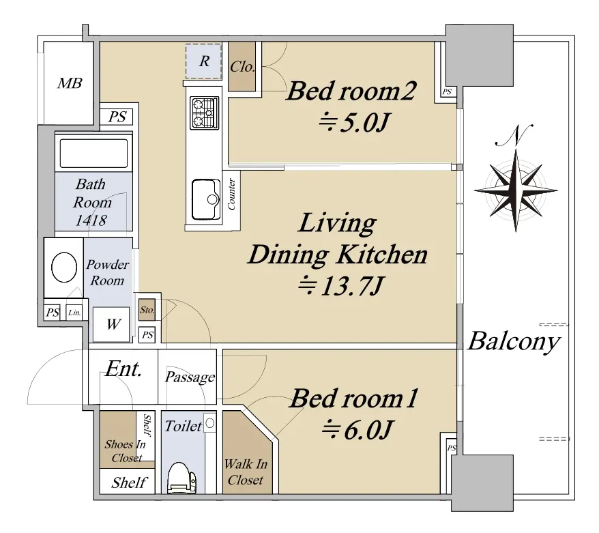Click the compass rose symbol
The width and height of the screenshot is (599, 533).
coord(516,190)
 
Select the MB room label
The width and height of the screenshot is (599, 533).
coord(70,83)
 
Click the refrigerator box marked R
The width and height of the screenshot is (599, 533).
coord(203,61)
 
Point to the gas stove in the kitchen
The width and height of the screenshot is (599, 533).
coord(205,113)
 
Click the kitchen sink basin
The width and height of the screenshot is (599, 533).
coord(206,199)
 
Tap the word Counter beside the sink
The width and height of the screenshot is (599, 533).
coord(231,194)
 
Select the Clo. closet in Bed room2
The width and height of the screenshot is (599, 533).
coord(242,66)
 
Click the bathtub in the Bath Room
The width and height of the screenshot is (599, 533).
coord(93,154)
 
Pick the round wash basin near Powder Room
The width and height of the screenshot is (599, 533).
coord(64,267)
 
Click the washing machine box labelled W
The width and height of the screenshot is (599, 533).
coord(112,324)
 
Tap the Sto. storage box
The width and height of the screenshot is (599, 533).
coord(147,309)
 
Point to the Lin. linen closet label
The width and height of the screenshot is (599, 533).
coord(74,313)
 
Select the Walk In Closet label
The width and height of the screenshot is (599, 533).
coord(246,472)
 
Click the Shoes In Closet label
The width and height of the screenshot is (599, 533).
coord(126,451)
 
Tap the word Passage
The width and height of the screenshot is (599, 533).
coord(190,377)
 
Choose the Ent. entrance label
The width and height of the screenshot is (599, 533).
coord(123,369)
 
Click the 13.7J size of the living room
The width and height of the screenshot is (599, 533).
coord(340,286)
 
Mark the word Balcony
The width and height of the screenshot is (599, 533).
coord(514,342)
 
